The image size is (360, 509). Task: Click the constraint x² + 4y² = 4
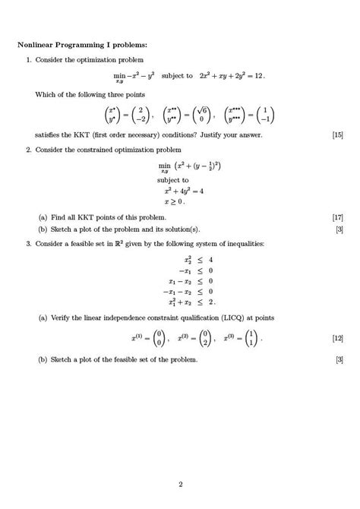tap(181, 191)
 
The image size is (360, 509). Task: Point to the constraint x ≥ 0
tap(175, 201)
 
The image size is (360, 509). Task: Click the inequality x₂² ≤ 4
tap(194, 259)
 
